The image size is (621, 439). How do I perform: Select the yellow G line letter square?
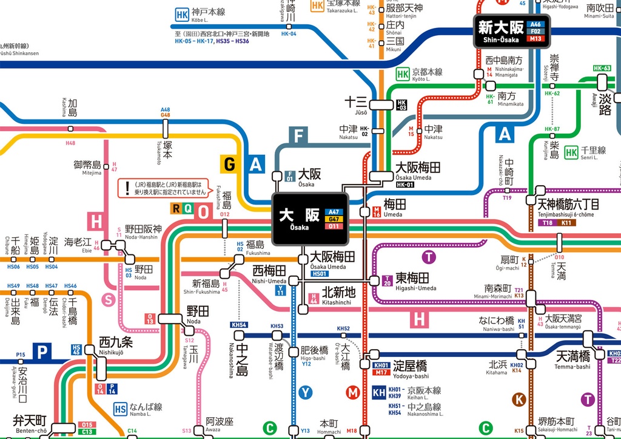[230, 164]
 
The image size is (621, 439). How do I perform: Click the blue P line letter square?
[42, 351]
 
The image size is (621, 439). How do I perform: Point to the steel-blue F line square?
[298, 135]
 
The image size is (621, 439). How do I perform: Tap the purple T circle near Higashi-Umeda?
[429, 257]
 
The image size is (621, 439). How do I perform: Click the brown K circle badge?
[519, 400]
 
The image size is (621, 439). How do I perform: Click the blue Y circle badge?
[305, 393]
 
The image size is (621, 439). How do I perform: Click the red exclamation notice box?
[163, 188]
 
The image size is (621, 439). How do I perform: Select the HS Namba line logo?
[121, 409]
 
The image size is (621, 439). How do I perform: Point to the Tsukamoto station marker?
[166, 128]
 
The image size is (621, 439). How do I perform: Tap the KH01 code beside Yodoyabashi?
[380, 365]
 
